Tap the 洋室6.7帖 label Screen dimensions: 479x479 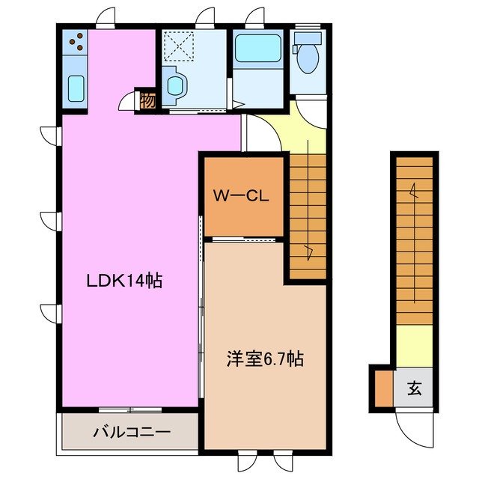pyautogui.click(x=265, y=359)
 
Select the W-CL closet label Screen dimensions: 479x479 pyautogui.click(x=241, y=197)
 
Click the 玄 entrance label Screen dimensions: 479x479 pyautogui.click(x=415, y=388)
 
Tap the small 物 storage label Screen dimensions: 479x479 pyautogui.click(x=148, y=100)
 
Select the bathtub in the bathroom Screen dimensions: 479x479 pyautogui.click(x=257, y=49)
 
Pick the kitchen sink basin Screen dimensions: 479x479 pyautogui.click(x=76, y=89)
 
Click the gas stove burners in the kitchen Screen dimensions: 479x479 pyautogui.click(x=76, y=42)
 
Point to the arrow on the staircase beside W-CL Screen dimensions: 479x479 pyautogui.click(x=308, y=251)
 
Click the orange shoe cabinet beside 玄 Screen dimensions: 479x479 pyautogui.click(x=383, y=388)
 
